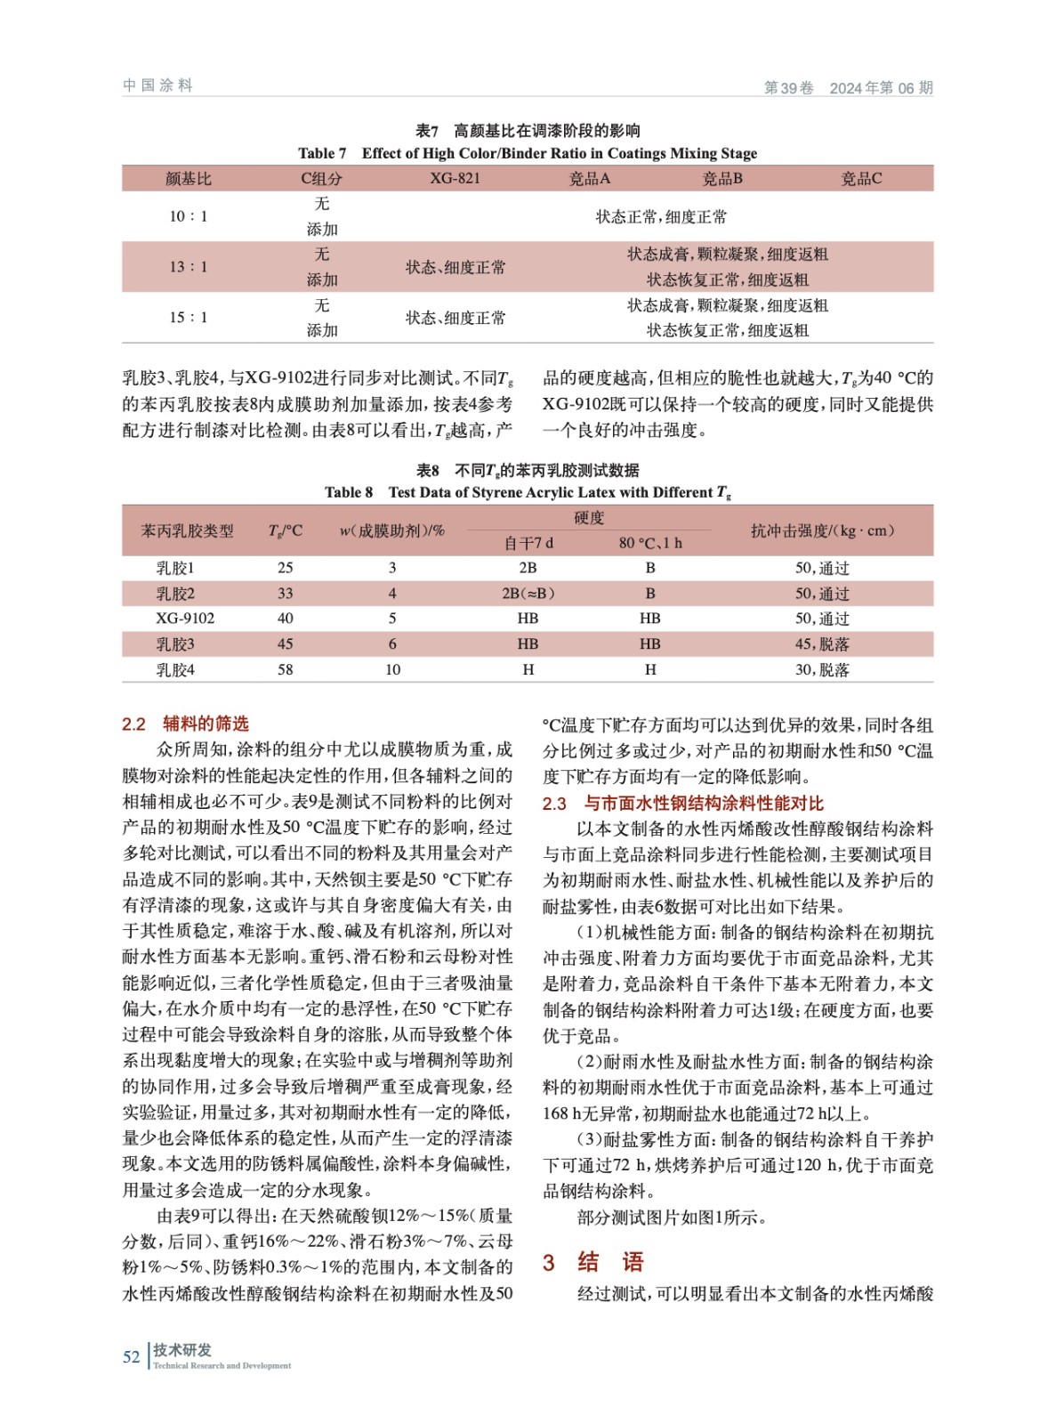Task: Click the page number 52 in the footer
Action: pyautogui.click(x=131, y=1356)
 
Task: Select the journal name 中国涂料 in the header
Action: pyautogui.click(x=157, y=85)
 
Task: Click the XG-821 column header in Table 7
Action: pyautogui.click(x=455, y=178)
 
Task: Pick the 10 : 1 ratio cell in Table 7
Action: pyautogui.click(x=189, y=216)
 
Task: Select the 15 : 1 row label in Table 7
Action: pyautogui.click(x=189, y=318)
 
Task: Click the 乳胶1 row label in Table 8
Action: pyautogui.click(x=175, y=568)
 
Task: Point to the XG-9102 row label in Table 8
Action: pyautogui.click(x=185, y=619)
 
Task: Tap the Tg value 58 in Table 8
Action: pyautogui.click(x=285, y=669)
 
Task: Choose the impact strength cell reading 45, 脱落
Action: pyautogui.click(x=822, y=643)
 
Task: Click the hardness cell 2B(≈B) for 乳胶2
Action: pyautogui.click(x=528, y=594)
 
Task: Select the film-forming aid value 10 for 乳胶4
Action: pyautogui.click(x=392, y=669)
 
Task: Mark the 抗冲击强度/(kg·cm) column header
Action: pyautogui.click(x=822, y=530)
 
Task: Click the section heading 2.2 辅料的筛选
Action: pyautogui.click(x=185, y=724)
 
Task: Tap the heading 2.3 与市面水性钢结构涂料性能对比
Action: pyautogui.click(x=682, y=804)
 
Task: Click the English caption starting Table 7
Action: pyautogui.click(x=528, y=153)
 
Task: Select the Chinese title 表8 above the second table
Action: pyautogui.click(x=528, y=470)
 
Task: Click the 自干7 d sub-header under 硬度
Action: pyautogui.click(x=528, y=543)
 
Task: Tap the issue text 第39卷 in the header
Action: pyautogui.click(x=789, y=87)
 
